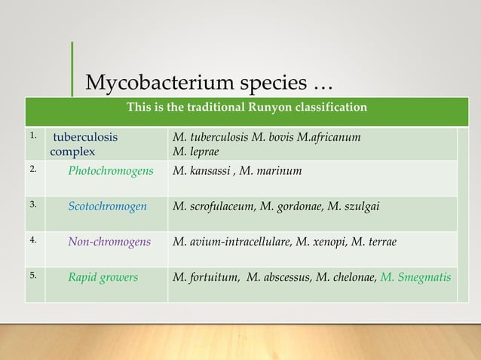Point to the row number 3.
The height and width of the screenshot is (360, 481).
coord(32,204)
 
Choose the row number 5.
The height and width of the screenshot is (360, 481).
coord(32,275)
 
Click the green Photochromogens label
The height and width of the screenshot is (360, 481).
coord(110,171)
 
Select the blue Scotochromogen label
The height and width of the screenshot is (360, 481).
coord(107,206)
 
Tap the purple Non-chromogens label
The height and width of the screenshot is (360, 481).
coord(109,242)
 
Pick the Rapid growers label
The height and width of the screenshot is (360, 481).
coord(103,277)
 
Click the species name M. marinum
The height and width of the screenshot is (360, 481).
coord(272,171)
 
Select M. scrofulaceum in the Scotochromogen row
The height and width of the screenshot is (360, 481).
coord(213,206)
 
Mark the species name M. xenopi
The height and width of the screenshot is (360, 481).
coord(324,242)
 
